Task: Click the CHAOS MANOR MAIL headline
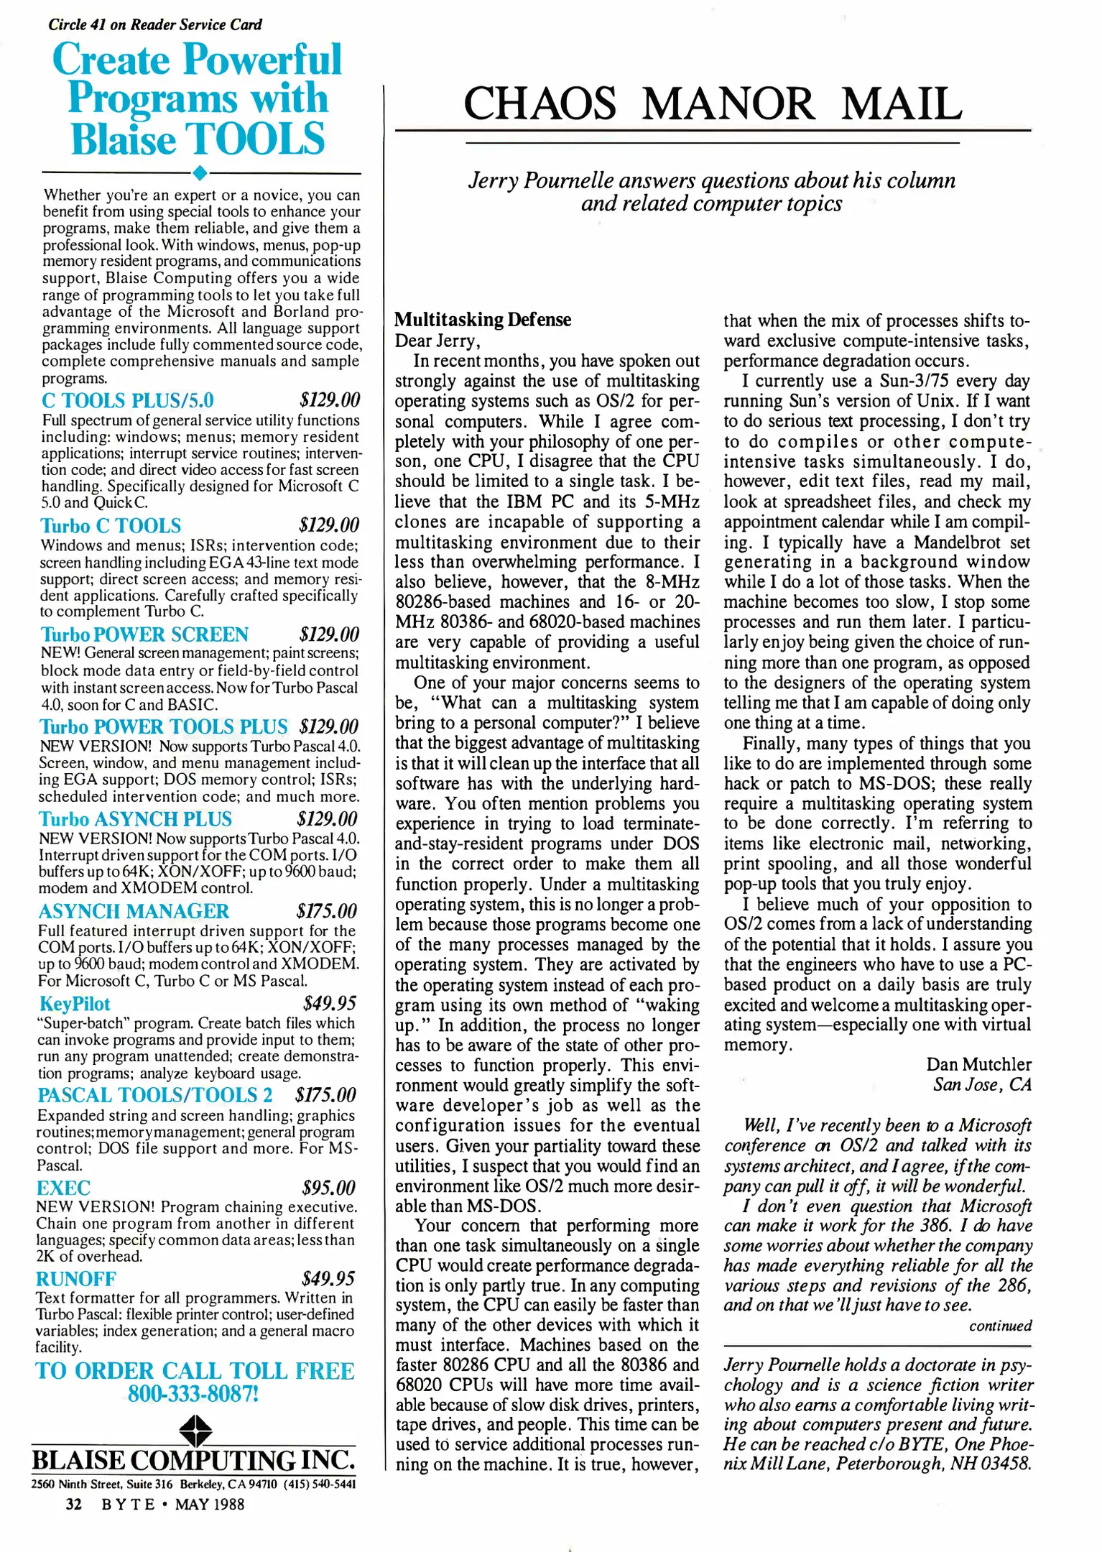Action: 712,103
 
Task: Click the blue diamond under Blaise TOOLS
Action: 201,172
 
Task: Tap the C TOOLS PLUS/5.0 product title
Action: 127,400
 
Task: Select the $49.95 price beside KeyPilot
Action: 329,1003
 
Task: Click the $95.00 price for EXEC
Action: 329,1188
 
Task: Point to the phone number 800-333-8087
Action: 193,1394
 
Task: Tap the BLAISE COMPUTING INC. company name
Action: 193,1461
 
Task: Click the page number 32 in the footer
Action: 73,1504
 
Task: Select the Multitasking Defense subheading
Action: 483,320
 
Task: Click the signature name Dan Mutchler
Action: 978,1064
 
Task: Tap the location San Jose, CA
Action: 981,1084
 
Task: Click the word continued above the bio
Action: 1000,1326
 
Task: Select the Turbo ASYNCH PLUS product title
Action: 135,819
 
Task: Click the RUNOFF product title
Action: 75,1279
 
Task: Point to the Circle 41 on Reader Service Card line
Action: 155,24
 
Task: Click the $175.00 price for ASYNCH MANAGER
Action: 326,911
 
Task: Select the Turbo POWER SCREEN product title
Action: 144,634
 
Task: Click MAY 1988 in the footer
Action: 209,1504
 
